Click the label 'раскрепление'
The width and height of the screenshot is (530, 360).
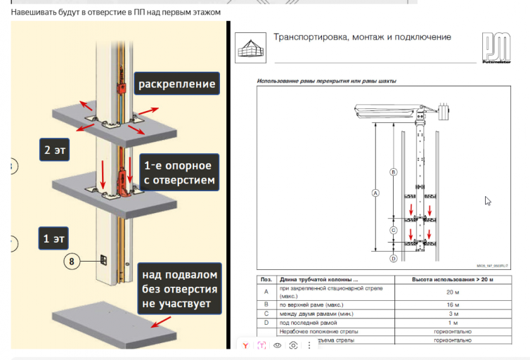[176, 84]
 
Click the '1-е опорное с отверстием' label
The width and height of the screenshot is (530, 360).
[177, 173]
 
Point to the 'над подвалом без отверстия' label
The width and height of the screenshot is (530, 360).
[179, 289]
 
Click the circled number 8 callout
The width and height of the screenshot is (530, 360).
[71, 262]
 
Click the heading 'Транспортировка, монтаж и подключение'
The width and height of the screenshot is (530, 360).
[361, 37]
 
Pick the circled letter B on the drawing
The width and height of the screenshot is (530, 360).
[394, 172]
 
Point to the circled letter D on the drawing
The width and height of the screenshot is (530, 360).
[394, 258]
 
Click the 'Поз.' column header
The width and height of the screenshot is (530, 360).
[266, 279]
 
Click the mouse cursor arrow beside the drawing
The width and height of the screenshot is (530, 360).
[488, 201]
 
